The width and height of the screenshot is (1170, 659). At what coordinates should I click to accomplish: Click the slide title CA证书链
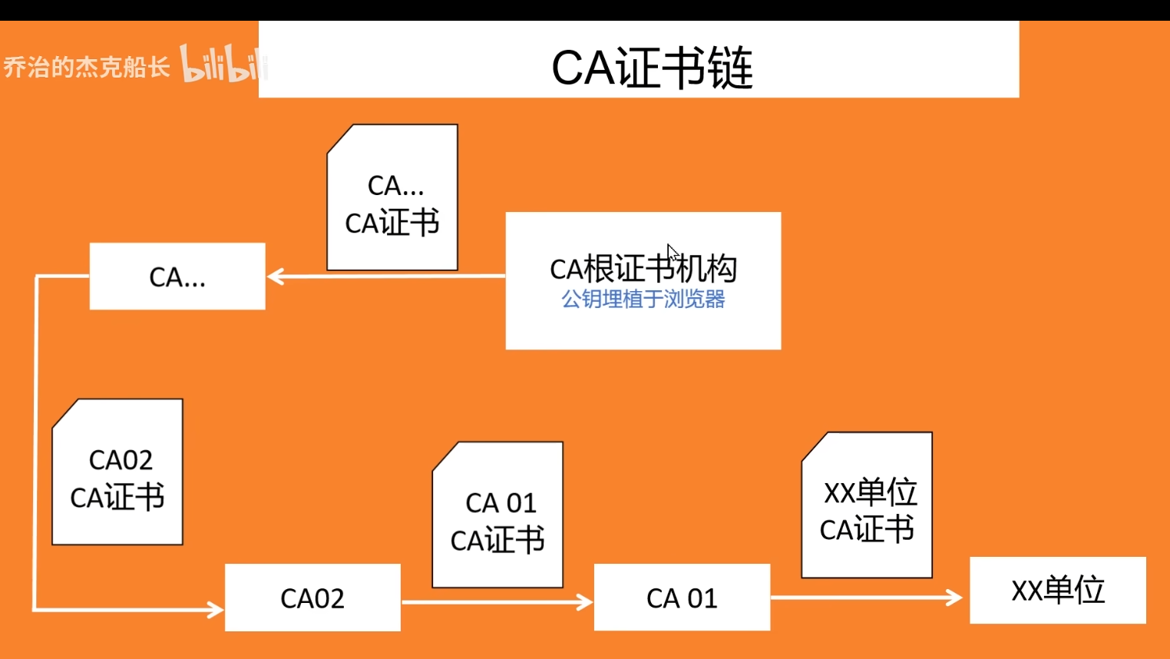pyautogui.click(x=652, y=68)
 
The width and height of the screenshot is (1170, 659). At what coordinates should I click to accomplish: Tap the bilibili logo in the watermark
pyautogui.click(x=222, y=65)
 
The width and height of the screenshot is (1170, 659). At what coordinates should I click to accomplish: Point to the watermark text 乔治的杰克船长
pyautogui.click(x=86, y=67)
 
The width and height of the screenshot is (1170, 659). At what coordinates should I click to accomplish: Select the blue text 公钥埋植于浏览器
pyautogui.click(x=643, y=299)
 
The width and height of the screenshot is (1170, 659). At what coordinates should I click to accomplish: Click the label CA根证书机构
pyautogui.click(x=643, y=269)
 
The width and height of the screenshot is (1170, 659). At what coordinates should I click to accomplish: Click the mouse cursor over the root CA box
pyautogui.click(x=672, y=252)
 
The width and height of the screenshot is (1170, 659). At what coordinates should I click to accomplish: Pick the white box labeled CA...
pyautogui.click(x=177, y=277)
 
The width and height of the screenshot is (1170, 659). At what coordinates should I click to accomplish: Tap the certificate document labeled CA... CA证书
pyautogui.click(x=392, y=198)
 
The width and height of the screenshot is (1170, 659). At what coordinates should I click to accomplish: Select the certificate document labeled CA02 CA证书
pyautogui.click(x=117, y=472)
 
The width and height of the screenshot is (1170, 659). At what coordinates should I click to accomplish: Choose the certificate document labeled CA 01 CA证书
pyautogui.click(x=497, y=515)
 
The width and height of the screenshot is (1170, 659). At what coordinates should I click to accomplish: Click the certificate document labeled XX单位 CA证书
pyautogui.click(x=867, y=505)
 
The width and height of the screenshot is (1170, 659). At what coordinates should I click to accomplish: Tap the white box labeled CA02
pyautogui.click(x=312, y=598)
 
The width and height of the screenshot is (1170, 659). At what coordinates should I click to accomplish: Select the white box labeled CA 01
pyautogui.click(x=682, y=598)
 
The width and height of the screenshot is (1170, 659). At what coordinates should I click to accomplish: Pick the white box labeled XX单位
pyautogui.click(x=1058, y=590)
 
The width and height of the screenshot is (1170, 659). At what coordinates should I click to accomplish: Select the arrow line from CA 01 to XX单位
pyautogui.click(x=860, y=597)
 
